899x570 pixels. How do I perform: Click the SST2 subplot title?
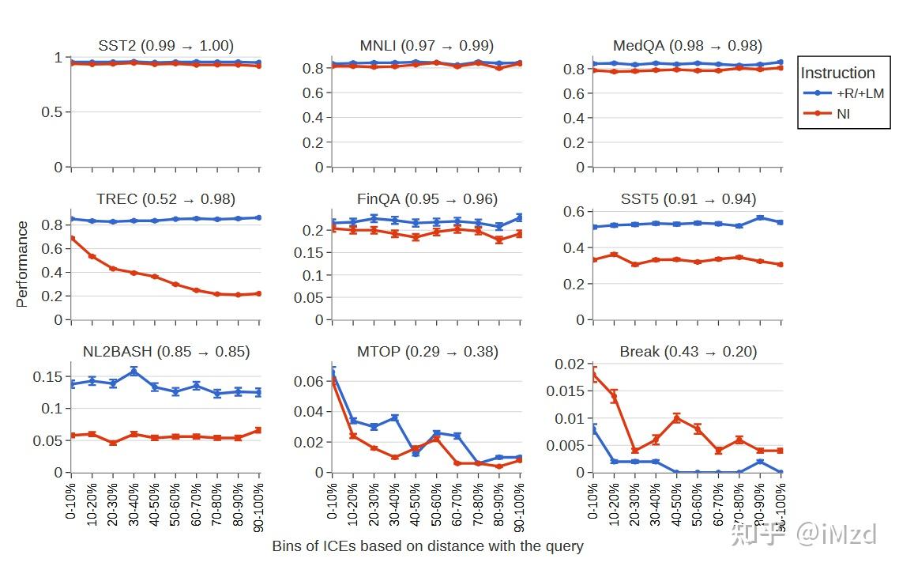(166, 46)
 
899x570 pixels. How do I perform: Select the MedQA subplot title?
(687, 46)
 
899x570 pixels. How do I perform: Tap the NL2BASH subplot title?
(166, 352)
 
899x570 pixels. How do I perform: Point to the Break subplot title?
(687, 352)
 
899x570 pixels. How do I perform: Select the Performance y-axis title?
(22, 264)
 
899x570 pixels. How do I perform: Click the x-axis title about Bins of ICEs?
(427, 546)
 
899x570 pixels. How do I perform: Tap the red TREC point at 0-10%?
(72, 238)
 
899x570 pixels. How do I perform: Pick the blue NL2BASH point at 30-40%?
(134, 371)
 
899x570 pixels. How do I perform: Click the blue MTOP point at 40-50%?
(416, 453)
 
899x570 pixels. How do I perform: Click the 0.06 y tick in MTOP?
(310, 381)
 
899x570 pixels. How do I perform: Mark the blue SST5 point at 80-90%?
(760, 218)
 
